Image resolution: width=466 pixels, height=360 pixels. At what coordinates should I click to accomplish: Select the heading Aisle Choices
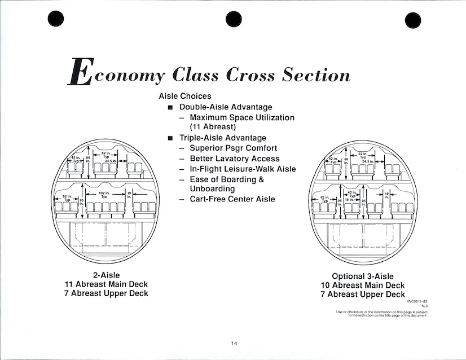[x=185, y=96]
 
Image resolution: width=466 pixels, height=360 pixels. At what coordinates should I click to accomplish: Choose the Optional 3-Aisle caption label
[x=362, y=276]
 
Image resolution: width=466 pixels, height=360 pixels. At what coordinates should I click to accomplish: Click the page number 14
[x=234, y=344]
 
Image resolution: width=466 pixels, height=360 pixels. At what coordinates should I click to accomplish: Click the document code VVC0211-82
[x=417, y=302]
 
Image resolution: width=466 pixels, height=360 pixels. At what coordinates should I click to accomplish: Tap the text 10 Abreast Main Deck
[x=362, y=285]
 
